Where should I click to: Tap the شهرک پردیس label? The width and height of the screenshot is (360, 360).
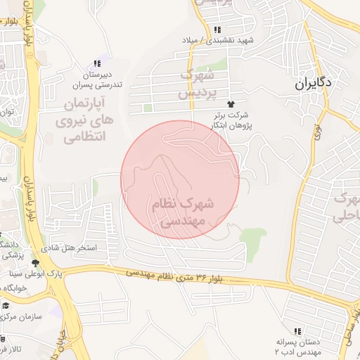[x=194, y=83]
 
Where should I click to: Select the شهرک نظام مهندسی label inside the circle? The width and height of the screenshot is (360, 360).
[x=181, y=212]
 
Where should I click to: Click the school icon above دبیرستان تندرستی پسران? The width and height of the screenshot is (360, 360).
[x=96, y=64]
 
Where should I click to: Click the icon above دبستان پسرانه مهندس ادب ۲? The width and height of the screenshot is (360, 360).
[x=298, y=330]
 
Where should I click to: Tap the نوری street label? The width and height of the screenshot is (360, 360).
[x=318, y=134]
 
